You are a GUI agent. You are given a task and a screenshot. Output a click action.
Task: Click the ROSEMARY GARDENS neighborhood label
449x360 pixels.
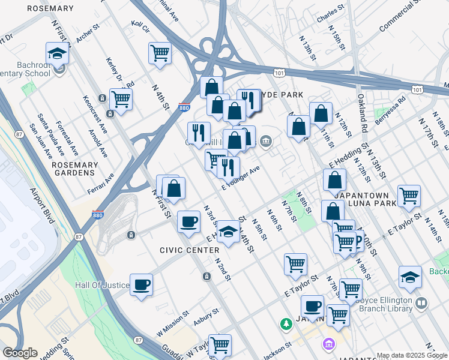74,169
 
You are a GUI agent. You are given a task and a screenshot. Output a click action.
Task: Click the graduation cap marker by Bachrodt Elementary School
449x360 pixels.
57,53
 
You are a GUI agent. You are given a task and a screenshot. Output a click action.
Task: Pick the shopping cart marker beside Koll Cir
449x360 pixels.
160,53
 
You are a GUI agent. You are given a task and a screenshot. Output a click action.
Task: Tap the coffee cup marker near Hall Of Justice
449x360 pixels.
141,284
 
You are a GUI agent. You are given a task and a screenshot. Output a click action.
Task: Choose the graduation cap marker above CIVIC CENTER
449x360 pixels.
228,232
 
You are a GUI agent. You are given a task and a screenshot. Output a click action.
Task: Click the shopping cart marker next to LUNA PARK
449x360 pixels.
409,195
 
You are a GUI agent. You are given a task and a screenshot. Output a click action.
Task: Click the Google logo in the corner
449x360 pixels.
20,353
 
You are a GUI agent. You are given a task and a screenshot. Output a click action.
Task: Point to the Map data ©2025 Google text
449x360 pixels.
411,355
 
